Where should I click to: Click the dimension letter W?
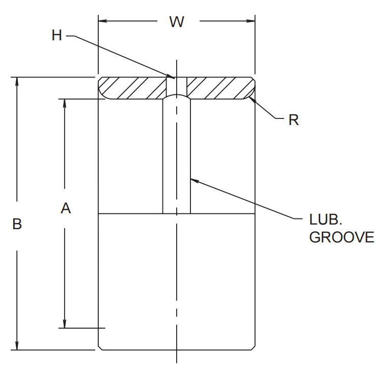[176, 21]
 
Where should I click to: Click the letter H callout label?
[57, 35]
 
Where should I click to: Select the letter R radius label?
[293, 120]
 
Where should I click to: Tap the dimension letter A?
[65, 208]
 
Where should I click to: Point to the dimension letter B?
[17, 224]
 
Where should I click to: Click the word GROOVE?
[342, 237]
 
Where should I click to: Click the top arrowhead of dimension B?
[18, 82]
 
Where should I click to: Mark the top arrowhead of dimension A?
[65, 104]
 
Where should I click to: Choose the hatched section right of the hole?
[219, 87]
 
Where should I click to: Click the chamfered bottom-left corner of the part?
[100, 347]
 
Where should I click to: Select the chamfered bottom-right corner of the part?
[253, 347]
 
